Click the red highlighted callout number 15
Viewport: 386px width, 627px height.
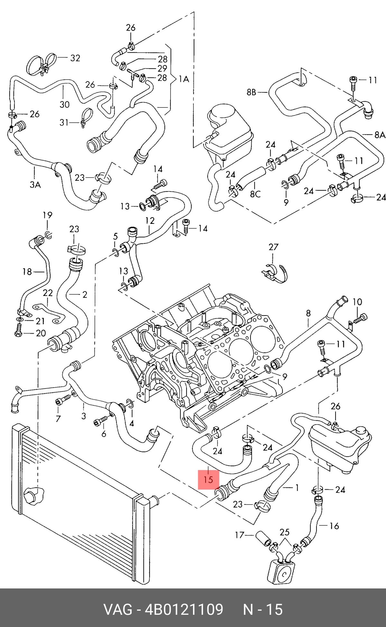tap(208, 479)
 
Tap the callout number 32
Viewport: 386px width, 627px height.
tap(75, 58)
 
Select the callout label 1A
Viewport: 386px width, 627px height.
tap(184, 79)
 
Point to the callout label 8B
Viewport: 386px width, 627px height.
tap(252, 92)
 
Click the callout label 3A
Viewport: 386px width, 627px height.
tap(35, 184)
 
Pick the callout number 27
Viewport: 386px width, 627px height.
tap(273, 247)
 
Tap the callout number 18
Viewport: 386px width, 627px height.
tap(27, 272)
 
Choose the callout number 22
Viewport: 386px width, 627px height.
tap(48, 293)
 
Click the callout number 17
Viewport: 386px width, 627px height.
tap(240, 535)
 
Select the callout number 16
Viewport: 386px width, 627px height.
tap(334, 526)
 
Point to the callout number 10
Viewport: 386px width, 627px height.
tap(357, 302)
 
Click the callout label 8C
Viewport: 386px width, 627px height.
tap(255, 194)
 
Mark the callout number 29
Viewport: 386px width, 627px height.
tap(162, 68)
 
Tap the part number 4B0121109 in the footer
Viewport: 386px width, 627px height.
tap(184, 609)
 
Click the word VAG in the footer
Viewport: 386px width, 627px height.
tap(117, 609)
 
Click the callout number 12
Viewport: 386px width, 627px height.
tap(150, 220)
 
